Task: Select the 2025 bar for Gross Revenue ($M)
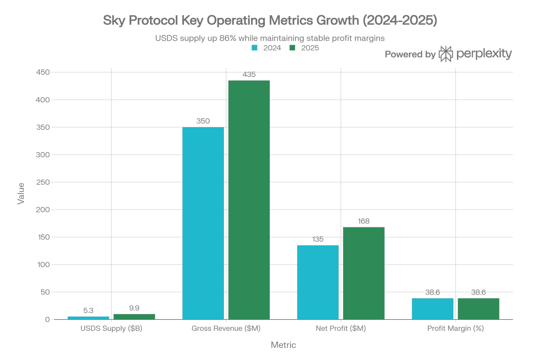click(x=249, y=200)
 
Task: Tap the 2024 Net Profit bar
click(x=318, y=282)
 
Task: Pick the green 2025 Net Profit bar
click(x=364, y=273)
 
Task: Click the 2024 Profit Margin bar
click(x=433, y=309)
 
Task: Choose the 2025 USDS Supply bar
click(x=134, y=317)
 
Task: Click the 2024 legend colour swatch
click(x=254, y=48)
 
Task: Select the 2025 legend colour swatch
click(x=292, y=48)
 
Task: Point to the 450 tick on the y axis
click(x=43, y=72)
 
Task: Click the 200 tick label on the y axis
click(x=43, y=210)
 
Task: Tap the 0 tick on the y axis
click(x=48, y=319)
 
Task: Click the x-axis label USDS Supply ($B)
click(x=111, y=328)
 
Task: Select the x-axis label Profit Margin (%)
click(x=455, y=328)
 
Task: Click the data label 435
click(x=249, y=75)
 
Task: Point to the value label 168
click(x=364, y=221)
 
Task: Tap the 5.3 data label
click(x=88, y=311)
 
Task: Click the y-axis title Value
click(x=21, y=194)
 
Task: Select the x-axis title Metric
click(x=283, y=345)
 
